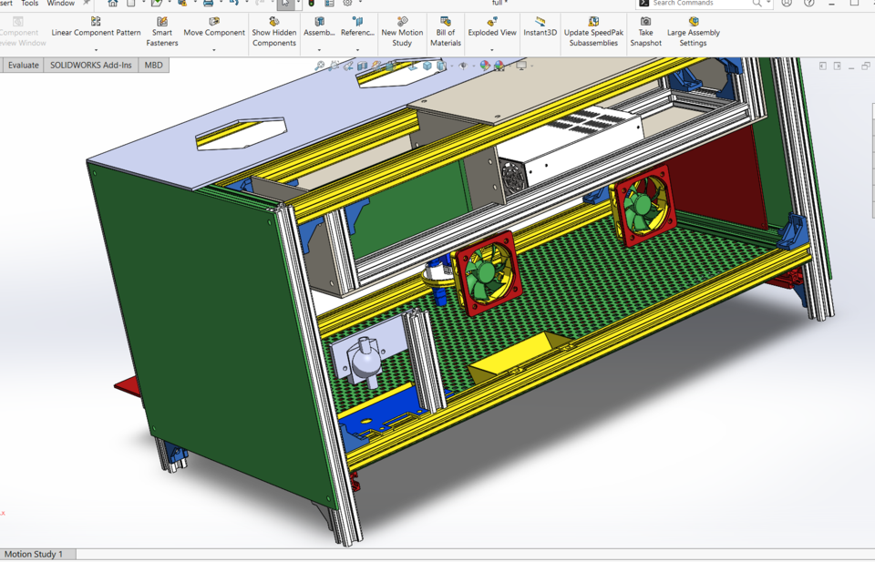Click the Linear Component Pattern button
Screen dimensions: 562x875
pyautogui.click(x=96, y=26)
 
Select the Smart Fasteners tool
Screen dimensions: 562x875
pyautogui.click(x=162, y=31)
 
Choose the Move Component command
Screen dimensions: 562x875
pyautogui.click(x=214, y=26)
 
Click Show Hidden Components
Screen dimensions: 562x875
pyautogui.click(x=274, y=31)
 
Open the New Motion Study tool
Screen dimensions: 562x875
pyautogui.click(x=402, y=31)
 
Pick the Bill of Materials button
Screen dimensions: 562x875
pyautogui.click(x=446, y=31)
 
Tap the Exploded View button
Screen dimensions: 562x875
pyautogui.click(x=492, y=26)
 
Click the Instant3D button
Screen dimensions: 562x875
pyautogui.click(x=540, y=26)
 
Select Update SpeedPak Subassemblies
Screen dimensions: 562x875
pyautogui.click(x=593, y=31)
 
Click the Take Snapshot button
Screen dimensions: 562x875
pyautogui.click(x=645, y=31)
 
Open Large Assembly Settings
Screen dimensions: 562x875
pyautogui.click(x=693, y=31)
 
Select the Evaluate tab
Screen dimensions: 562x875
pyautogui.click(x=24, y=66)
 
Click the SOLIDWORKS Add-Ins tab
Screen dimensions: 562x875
pyautogui.click(x=90, y=66)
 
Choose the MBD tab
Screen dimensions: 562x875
pyautogui.click(x=153, y=66)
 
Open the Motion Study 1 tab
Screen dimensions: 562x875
pyautogui.click(x=34, y=554)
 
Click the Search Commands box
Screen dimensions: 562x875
pyautogui.click(x=702, y=4)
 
